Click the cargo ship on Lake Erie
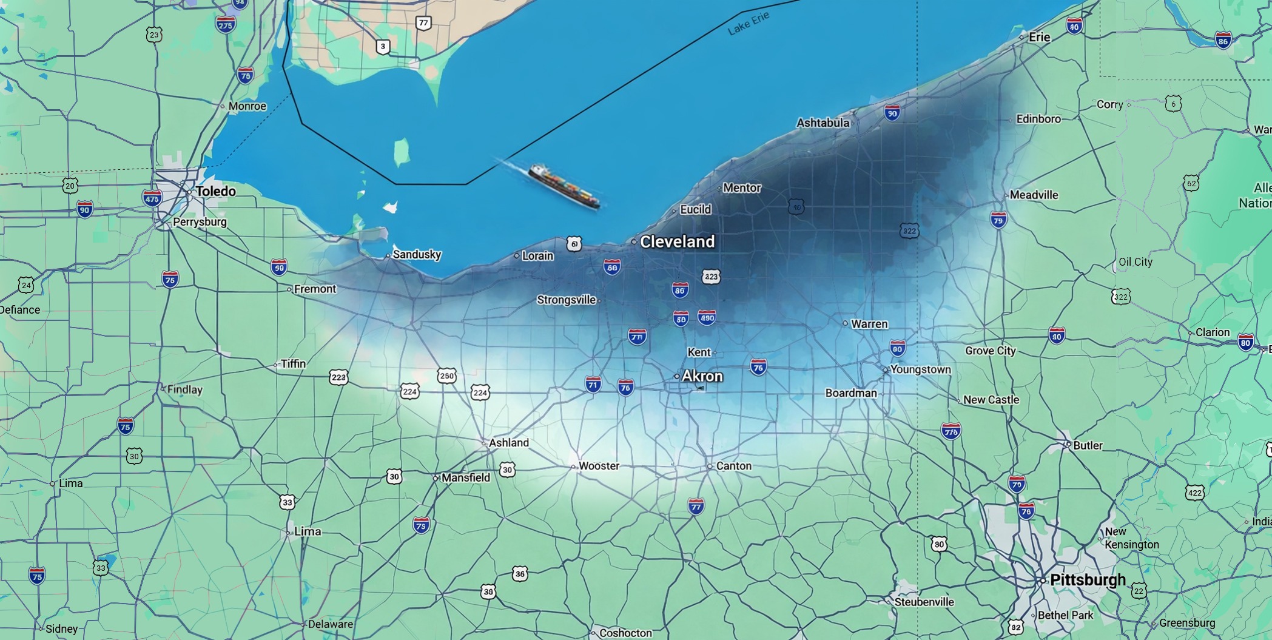coord(564,187)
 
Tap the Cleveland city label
coord(677,242)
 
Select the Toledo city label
coord(215,192)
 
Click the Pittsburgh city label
coord(1087,580)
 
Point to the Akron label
coord(702,376)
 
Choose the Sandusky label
coord(417,255)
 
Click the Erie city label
coord(1039,37)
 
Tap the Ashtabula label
coord(823,123)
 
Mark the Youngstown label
coord(920,369)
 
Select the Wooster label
coord(599,466)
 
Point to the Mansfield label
coord(465,478)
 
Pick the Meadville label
coord(1034,195)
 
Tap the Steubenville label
coord(924,602)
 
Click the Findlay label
coord(184,389)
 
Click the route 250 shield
coord(446,376)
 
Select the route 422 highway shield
coord(1194,493)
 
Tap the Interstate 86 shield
coord(1223,41)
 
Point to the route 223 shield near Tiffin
coord(338,377)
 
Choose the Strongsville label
coord(566,300)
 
